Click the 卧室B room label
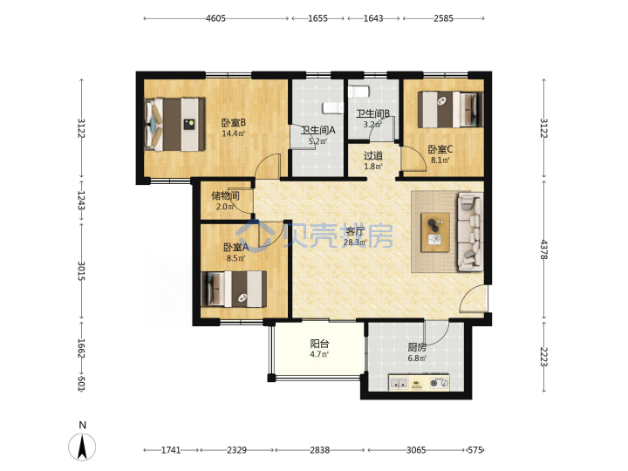(234, 122)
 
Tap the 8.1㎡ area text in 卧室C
(440, 160)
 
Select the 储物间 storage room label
(226, 195)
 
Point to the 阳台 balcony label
(319, 344)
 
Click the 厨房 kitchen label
(417, 347)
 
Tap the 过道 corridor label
(373, 155)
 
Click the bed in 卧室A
(234, 290)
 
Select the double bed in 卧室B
(174, 125)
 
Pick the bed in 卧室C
(450, 109)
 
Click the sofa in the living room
(471, 231)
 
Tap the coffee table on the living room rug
(435, 232)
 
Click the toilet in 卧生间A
(333, 108)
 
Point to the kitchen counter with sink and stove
(419, 383)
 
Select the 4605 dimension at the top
(216, 18)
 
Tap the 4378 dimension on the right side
(543, 249)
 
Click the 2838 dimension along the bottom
(319, 450)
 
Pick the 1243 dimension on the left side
(81, 201)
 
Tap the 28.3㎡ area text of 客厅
(355, 242)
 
